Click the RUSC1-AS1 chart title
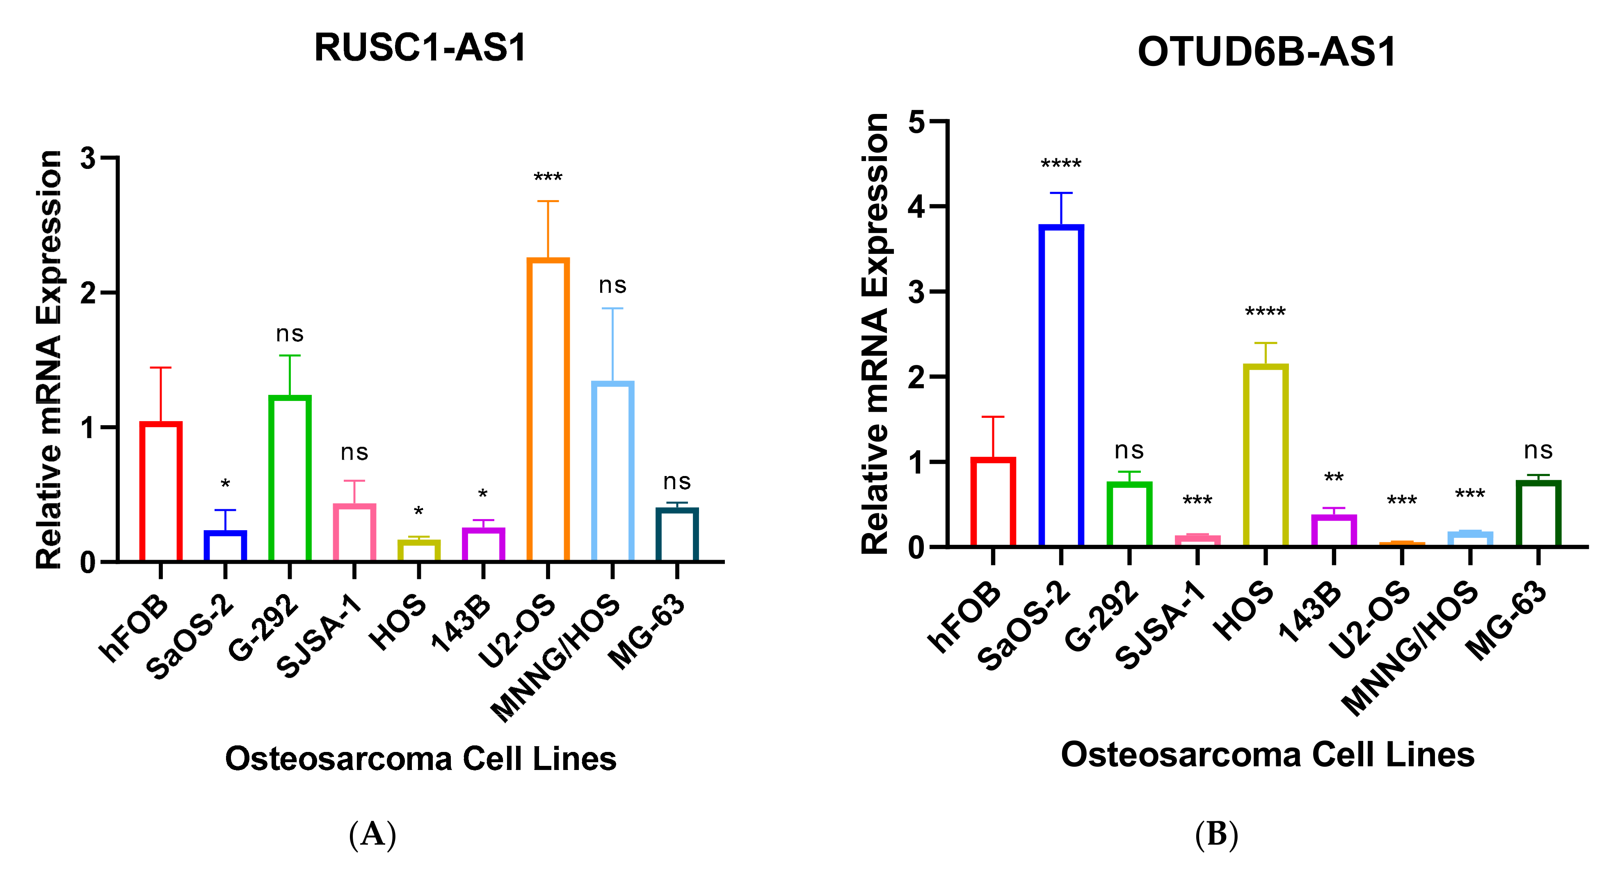420,48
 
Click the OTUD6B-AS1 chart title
1266,52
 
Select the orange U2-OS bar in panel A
548,410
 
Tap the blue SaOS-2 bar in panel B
1061,385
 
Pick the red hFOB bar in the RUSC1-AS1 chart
161,492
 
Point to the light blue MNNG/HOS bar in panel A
612,471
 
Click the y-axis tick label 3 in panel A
88,158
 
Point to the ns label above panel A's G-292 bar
289,334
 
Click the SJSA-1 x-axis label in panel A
319,637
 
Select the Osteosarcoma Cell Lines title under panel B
1267,755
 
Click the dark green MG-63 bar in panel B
1538,513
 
